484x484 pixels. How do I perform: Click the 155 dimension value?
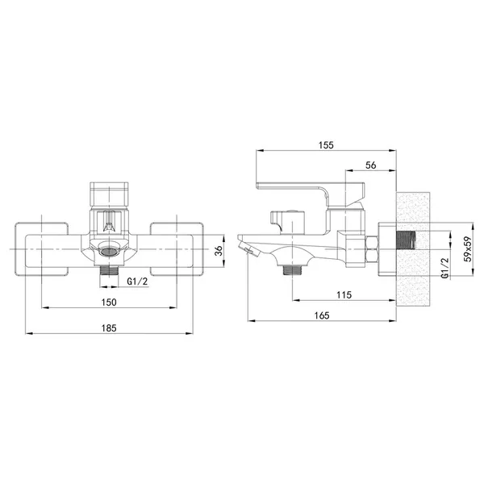[x=326, y=144]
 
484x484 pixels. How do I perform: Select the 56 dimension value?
[x=371, y=165]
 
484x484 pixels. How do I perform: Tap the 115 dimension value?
[x=344, y=294]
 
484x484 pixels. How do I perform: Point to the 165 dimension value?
[x=322, y=315]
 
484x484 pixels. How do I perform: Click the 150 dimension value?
[x=109, y=302]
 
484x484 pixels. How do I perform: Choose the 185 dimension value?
[x=109, y=328]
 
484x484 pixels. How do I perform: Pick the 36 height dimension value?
[x=219, y=250]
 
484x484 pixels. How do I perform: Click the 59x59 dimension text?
[x=468, y=249]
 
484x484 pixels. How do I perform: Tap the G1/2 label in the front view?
[x=137, y=282]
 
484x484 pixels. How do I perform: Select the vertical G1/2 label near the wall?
[x=444, y=268]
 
